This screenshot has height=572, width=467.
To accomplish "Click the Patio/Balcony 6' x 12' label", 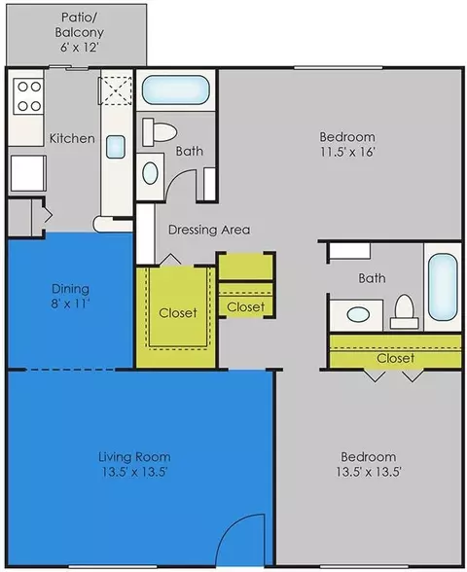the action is [x=79, y=32].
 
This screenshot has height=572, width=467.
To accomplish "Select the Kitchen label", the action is [x=72, y=138].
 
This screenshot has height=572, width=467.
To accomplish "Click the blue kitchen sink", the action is [x=116, y=147].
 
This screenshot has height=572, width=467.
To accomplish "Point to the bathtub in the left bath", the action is [x=175, y=89].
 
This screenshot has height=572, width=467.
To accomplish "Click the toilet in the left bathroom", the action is [x=160, y=131].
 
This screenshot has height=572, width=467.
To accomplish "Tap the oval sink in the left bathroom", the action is [x=150, y=173].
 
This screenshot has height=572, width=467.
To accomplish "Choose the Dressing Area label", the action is [x=209, y=230].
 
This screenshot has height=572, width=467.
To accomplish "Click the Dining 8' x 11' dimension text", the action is [x=70, y=296].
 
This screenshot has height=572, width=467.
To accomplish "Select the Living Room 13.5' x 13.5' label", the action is [x=134, y=464].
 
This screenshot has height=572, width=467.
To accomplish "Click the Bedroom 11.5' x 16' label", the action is [x=347, y=144].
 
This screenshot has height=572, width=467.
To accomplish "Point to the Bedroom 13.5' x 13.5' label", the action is [x=368, y=464].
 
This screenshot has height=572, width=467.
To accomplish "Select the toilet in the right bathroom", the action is [x=405, y=311].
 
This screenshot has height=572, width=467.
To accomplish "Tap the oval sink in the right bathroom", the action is [x=358, y=314].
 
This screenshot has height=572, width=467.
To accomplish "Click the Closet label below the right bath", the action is [x=395, y=358].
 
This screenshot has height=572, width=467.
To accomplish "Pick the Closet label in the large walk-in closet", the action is [x=178, y=312].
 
